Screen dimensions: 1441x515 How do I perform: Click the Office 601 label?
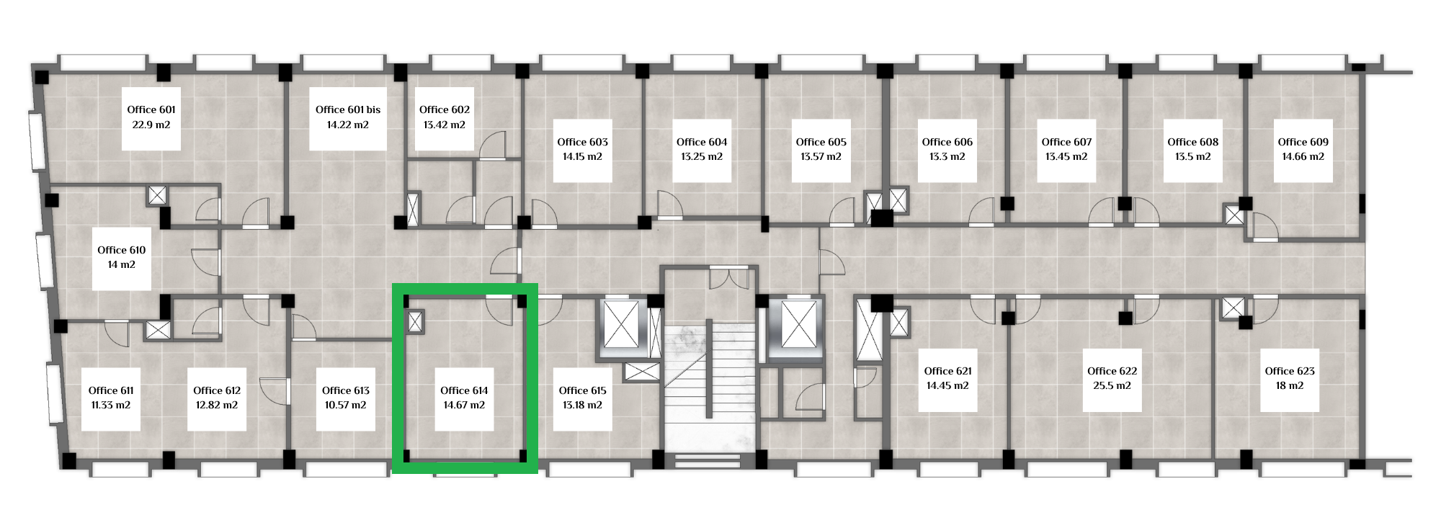click(x=151, y=109)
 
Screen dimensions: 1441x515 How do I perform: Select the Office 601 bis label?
click(x=348, y=109)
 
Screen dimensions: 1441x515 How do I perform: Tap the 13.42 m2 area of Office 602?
click(x=445, y=125)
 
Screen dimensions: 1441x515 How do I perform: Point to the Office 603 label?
click(x=583, y=142)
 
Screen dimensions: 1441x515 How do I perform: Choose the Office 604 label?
click(x=702, y=142)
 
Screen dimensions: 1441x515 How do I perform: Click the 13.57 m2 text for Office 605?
click(x=821, y=156)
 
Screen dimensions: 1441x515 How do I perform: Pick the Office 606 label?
click(x=947, y=142)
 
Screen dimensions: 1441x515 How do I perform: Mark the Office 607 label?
click(x=1067, y=142)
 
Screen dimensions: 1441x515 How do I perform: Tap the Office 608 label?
click(x=1193, y=142)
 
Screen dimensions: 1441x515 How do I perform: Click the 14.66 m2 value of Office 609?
click(x=1303, y=156)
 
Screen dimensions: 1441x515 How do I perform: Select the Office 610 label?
click(x=122, y=250)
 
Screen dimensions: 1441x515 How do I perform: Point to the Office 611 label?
click(x=111, y=390)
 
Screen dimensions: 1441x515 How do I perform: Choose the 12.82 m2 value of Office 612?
click(x=217, y=405)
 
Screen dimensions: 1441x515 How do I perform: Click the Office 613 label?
click(x=346, y=390)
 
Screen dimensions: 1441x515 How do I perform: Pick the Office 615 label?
click(x=583, y=390)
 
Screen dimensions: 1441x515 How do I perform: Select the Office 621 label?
click(x=948, y=371)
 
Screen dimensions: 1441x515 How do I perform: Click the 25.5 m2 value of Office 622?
click(x=1112, y=385)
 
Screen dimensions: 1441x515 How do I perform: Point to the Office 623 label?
click(x=1290, y=371)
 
